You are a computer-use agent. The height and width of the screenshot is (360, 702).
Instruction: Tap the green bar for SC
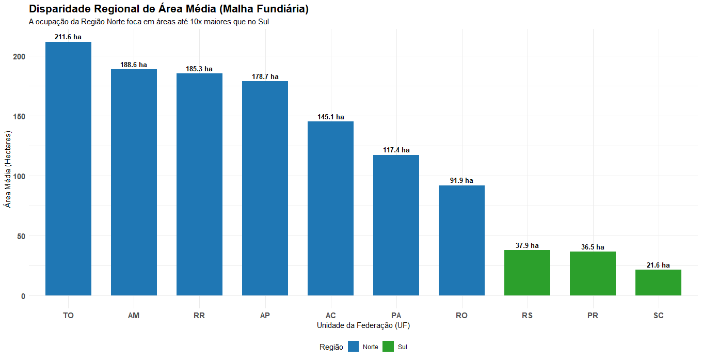[658, 283]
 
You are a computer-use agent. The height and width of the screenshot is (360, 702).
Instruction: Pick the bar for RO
[461, 240]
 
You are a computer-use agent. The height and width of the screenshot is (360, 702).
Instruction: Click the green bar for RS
[527, 273]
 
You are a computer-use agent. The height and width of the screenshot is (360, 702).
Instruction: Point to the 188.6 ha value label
[134, 65]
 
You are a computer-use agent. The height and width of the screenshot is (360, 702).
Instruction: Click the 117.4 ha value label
[396, 150]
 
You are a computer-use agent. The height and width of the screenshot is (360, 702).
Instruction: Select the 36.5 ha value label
[593, 247]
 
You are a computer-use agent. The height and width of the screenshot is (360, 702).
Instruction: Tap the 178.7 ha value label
[265, 77]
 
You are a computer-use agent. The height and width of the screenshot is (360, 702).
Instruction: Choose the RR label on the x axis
[199, 316]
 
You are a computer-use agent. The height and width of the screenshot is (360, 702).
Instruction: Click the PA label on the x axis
[396, 316]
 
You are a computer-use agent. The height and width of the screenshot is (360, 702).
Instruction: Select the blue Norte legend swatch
[353, 347]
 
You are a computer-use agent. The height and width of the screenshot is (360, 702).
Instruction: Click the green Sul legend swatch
[388, 347]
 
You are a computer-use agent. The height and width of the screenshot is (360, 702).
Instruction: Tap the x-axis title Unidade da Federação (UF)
[363, 326]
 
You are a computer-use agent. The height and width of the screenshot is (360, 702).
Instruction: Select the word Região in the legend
[331, 347]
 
